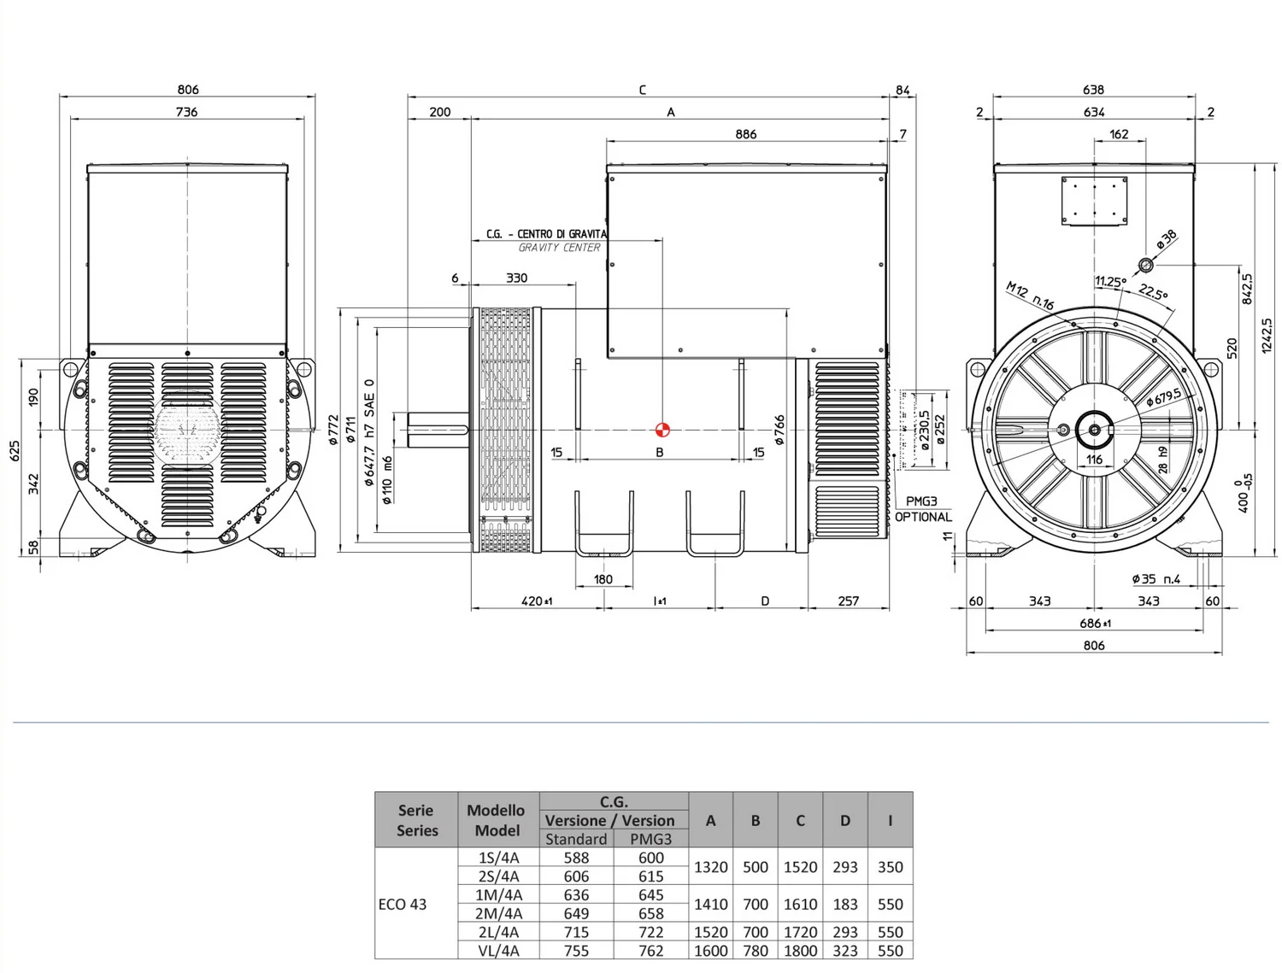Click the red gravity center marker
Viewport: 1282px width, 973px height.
[662, 430]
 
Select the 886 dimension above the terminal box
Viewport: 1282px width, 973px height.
[745, 134]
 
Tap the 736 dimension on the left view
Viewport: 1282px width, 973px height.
[186, 112]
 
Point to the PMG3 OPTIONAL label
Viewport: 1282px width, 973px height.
[923, 509]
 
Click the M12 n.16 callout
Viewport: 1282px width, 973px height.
[1030, 296]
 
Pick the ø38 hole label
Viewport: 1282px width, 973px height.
[1167, 240]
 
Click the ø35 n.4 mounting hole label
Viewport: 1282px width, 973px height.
[1156, 579]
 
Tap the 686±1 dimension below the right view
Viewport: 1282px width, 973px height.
[1094, 624]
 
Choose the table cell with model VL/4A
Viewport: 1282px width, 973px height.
[498, 951]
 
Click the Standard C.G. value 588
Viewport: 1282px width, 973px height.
[576, 858]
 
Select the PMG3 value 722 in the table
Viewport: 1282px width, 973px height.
[650, 932]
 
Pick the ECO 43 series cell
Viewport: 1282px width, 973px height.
[403, 904]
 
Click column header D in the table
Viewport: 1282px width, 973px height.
[844, 820]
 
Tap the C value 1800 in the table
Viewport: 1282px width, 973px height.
[800, 951]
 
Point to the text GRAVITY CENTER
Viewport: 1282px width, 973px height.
[559, 248]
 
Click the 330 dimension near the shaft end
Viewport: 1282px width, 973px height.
[516, 278]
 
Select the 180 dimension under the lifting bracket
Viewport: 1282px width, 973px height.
[603, 579]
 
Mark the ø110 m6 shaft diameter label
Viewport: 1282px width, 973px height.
[387, 479]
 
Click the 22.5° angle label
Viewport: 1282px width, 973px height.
[1153, 292]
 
